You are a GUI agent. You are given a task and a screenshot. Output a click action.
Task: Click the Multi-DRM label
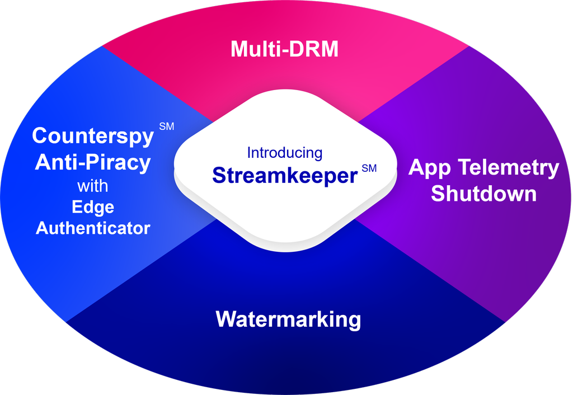(x=285, y=49)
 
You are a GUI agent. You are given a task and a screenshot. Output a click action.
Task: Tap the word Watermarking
(x=288, y=319)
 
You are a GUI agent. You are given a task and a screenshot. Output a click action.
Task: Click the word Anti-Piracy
(x=92, y=162)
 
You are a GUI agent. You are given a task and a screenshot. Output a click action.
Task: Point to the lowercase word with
(x=92, y=185)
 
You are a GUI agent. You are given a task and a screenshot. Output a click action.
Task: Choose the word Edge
(x=93, y=207)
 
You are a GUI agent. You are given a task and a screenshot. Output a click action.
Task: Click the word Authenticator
(x=93, y=228)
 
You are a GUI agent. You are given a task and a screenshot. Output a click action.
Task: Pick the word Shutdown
(x=483, y=194)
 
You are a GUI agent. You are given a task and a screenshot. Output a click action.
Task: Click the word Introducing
(x=285, y=153)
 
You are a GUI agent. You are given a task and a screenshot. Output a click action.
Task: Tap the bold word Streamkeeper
(x=285, y=175)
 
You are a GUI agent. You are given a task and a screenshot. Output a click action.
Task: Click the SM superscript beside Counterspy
(x=166, y=126)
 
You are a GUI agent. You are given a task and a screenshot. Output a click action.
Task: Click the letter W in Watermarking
(x=227, y=319)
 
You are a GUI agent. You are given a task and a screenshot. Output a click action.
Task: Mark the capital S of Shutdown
(x=438, y=194)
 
